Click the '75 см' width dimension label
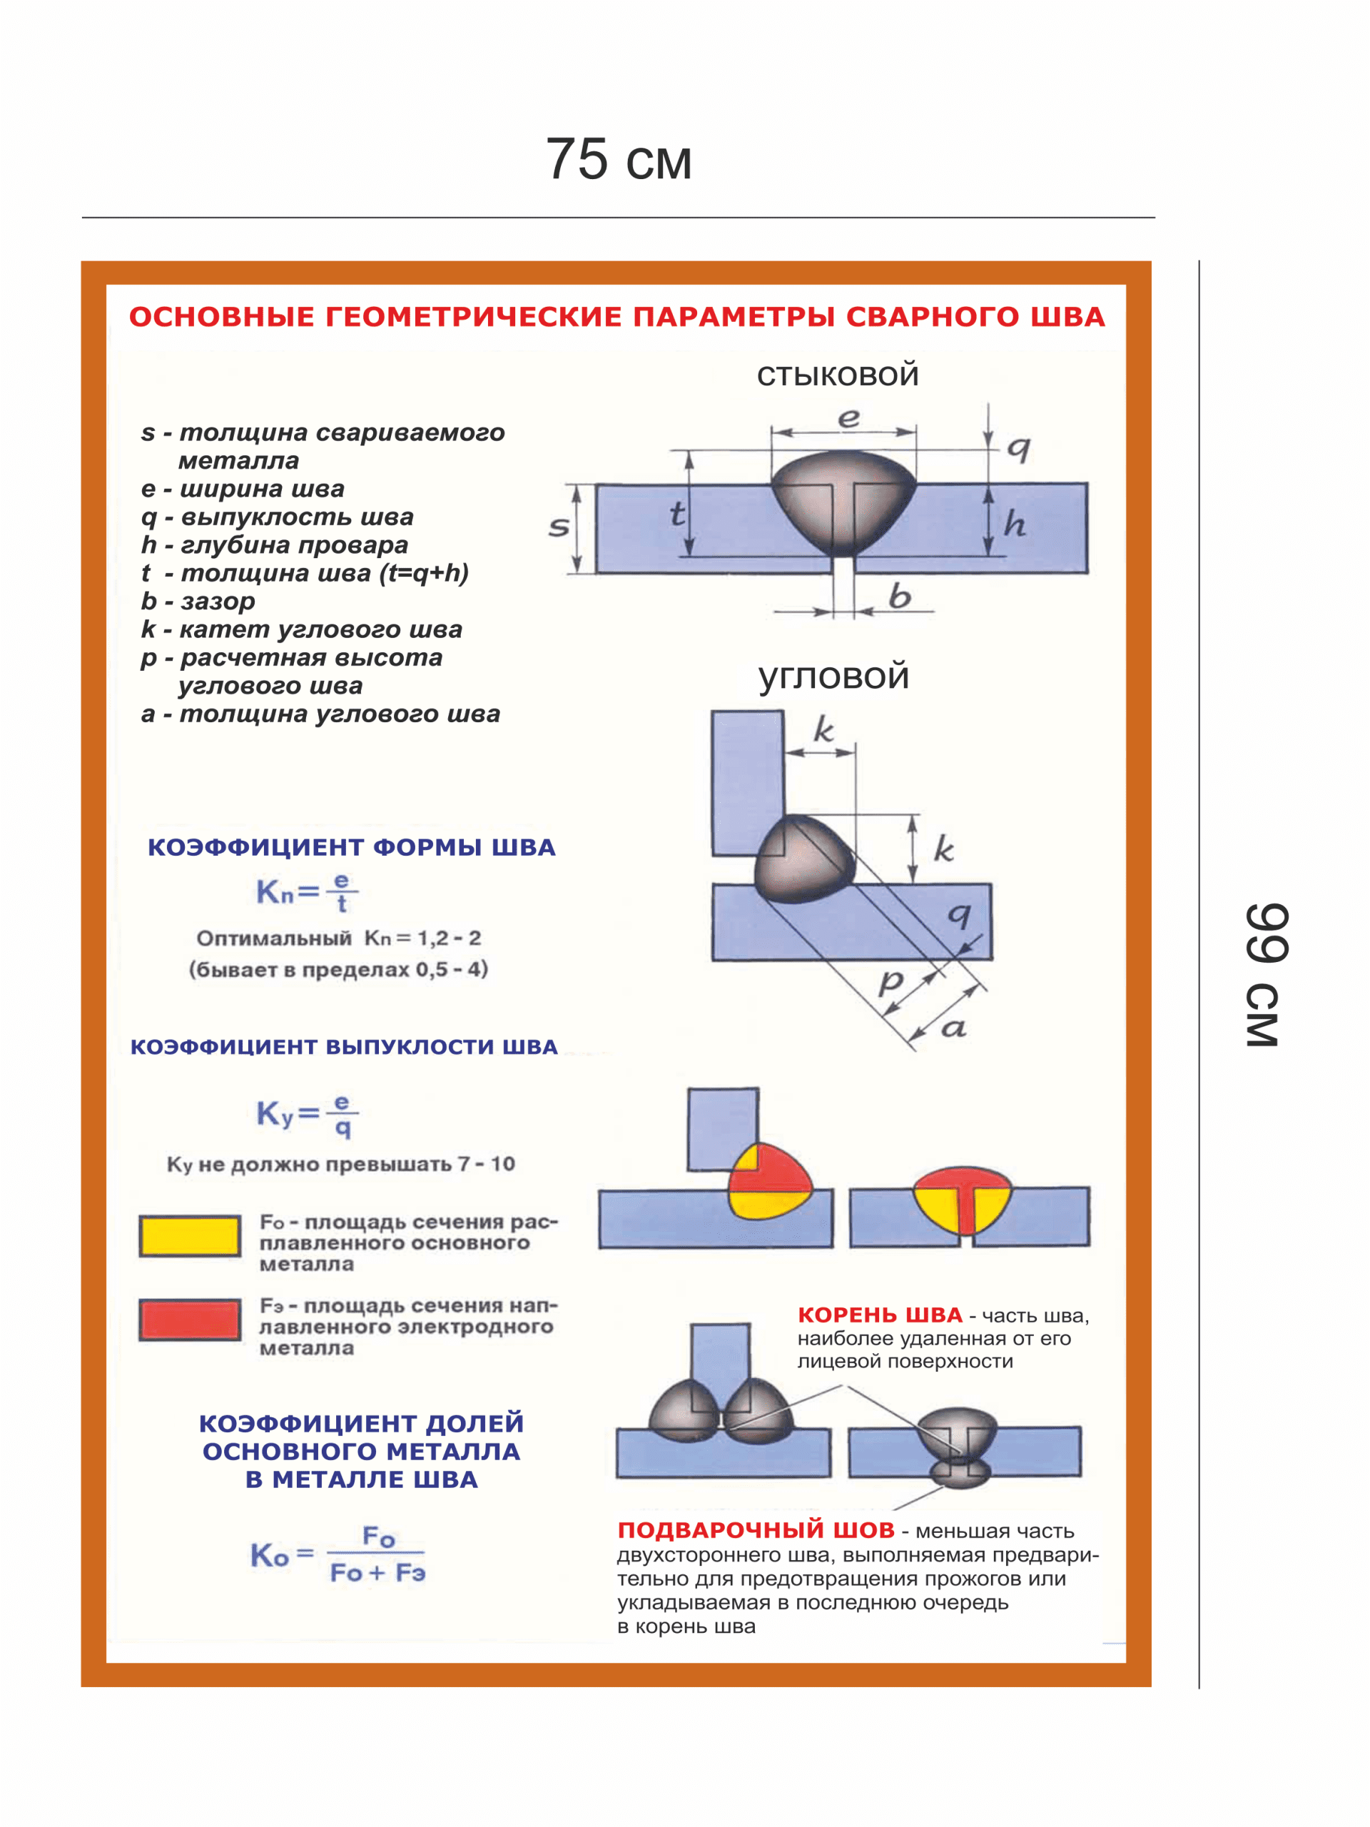pyautogui.click(x=618, y=158)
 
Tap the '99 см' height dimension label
pyautogui.click(x=1264, y=976)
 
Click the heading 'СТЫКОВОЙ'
pyautogui.click(x=838, y=376)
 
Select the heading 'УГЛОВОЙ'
pyautogui.click(x=833, y=677)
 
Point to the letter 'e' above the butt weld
pyautogui.click(x=848, y=419)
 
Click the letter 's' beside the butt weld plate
pyautogui.click(x=559, y=526)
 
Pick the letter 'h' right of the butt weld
pyautogui.click(x=1014, y=524)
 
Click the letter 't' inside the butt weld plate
pyautogui.click(x=677, y=514)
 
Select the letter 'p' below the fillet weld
pyautogui.click(x=890, y=982)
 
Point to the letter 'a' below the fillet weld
pyautogui.click(x=954, y=1028)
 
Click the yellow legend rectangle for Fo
pyautogui.click(x=190, y=1235)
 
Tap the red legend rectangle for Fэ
pyautogui.click(x=190, y=1319)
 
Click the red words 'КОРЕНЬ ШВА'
pyautogui.click(x=880, y=1315)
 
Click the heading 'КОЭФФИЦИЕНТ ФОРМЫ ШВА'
pyautogui.click(x=351, y=847)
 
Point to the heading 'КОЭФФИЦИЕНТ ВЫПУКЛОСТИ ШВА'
pyautogui.click(x=343, y=1046)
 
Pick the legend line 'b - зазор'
pyautogui.click(x=198, y=602)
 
